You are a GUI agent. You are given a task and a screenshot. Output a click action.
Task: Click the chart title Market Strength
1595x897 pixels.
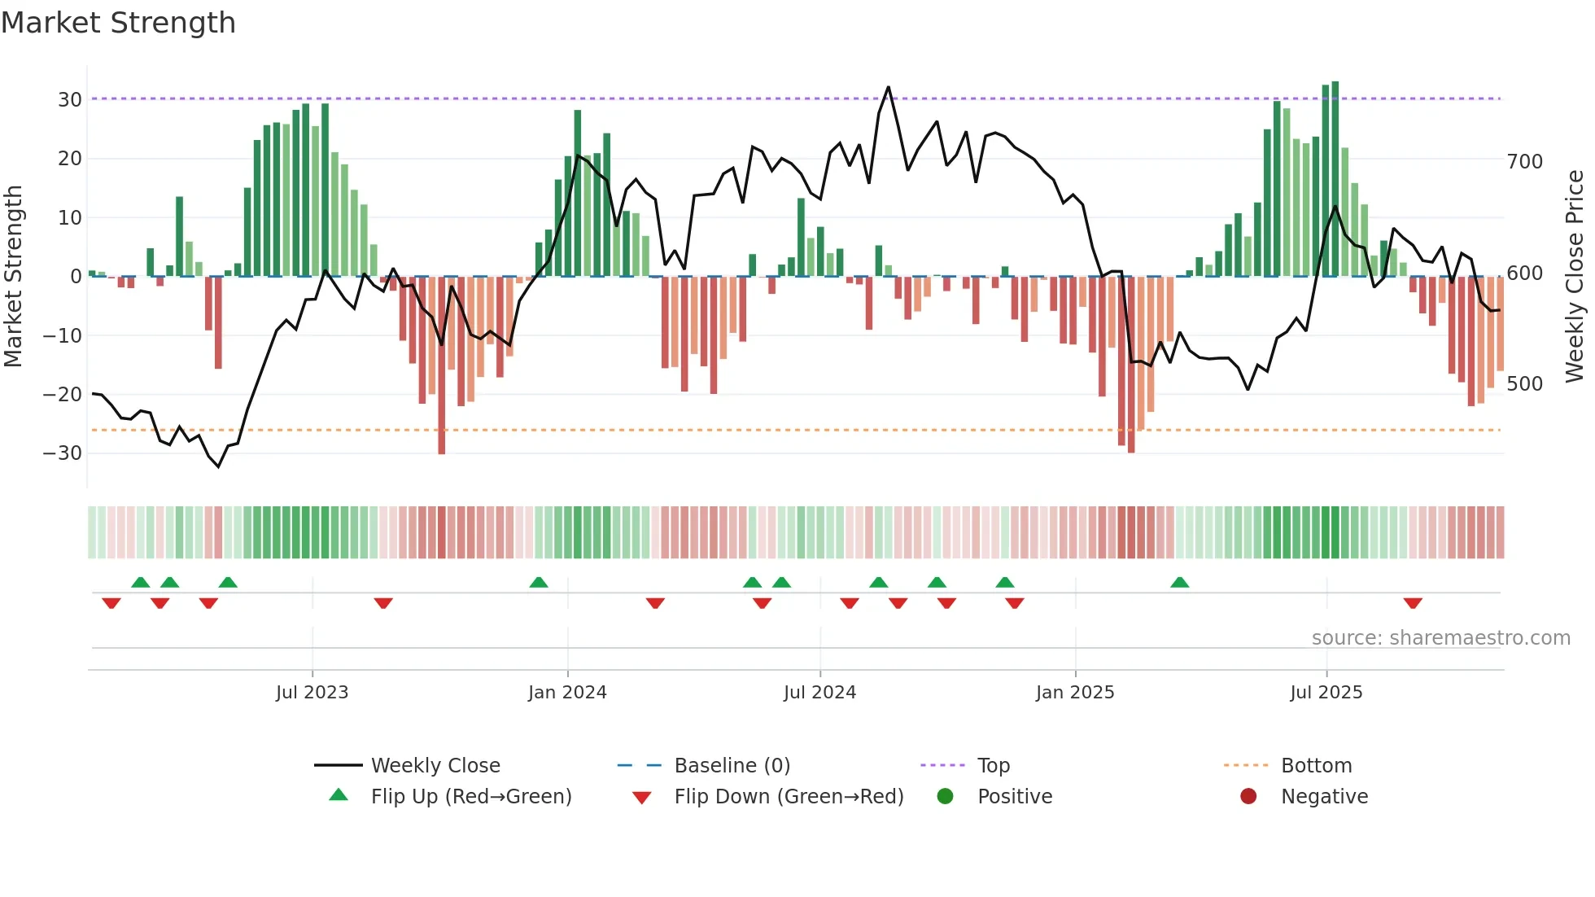[x=118, y=23]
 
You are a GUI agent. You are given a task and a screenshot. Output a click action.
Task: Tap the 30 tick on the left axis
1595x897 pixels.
[x=70, y=99]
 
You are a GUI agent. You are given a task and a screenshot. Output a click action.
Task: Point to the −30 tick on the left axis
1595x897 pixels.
[x=63, y=453]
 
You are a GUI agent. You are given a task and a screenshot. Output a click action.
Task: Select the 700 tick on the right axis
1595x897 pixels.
[x=1524, y=162]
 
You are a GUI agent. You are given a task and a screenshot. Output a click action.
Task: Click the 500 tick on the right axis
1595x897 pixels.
[x=1524, y=383]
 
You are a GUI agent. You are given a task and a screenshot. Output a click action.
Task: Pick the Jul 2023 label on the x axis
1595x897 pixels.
[x=312, y=692]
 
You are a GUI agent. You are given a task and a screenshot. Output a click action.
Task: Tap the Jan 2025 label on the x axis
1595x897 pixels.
[x=1075, y=692]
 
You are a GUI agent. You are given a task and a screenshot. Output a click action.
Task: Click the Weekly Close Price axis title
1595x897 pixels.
[x=1575, y=276]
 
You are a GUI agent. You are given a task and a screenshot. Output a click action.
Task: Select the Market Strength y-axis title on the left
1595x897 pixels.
[x=14, y=276]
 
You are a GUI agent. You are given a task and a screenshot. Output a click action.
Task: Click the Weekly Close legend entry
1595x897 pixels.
[x=435, y=765]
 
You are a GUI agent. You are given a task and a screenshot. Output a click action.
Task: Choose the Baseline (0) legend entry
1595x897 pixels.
[x=732, y=765]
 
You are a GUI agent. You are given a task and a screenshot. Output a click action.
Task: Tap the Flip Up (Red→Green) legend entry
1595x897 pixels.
[x=470, y=796]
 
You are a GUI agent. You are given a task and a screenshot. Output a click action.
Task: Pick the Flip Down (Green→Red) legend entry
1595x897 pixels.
[x=788, y=796]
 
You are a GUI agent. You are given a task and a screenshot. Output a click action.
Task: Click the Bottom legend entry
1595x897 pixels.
[x=1316, y=765]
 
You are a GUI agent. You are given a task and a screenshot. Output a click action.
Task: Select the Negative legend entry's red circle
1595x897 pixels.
[x=1248, y=796]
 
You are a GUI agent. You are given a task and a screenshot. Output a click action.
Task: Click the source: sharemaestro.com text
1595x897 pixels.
[x=1440, y=637]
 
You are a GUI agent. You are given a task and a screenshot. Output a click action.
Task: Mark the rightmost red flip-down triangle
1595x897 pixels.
[x=1413, y=603]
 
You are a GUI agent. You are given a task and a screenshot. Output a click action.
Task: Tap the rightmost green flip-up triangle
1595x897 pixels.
[x=1180, y=582]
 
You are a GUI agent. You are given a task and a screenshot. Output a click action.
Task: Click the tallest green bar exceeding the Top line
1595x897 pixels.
[x=1335, y=179]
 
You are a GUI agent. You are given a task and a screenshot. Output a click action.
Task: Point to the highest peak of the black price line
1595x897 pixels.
[x=888, y=88]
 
